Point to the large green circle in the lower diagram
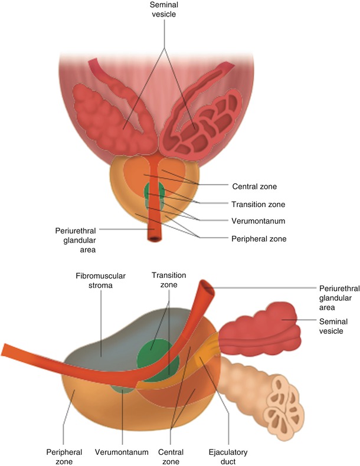[155, 356]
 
